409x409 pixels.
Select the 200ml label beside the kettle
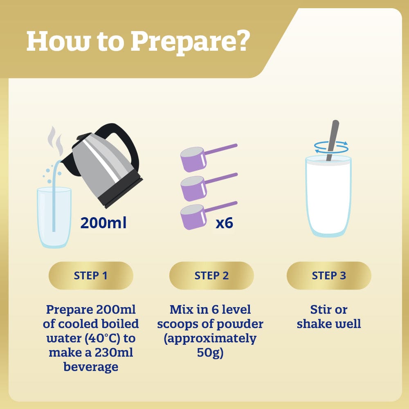[x=103, y=223]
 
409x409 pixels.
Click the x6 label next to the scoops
[x=224, y=223]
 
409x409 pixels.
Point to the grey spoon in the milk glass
[x=333, y=140]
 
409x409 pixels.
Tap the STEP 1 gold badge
[x=91, y=275]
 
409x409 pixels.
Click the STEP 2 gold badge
[x=211, y=275]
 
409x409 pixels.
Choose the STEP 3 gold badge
[x=329, y=275]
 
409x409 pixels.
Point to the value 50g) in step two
[x=210, y=353]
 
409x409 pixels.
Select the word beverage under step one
[x=91, y=367]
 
